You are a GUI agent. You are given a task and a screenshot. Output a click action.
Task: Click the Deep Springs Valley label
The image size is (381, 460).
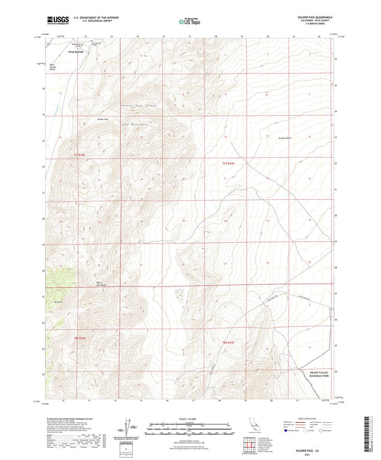pyautogui.click(x=52, y=69)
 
